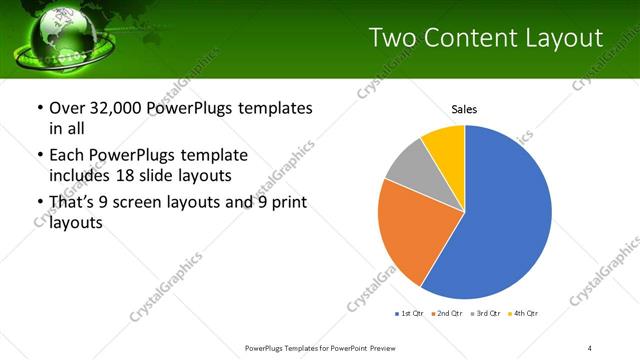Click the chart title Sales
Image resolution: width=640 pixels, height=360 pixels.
[x=464, y=108]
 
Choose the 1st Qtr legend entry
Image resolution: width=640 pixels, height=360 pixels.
[x=411, y=314]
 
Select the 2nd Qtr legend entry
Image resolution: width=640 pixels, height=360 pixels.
[x=447, y=314]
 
